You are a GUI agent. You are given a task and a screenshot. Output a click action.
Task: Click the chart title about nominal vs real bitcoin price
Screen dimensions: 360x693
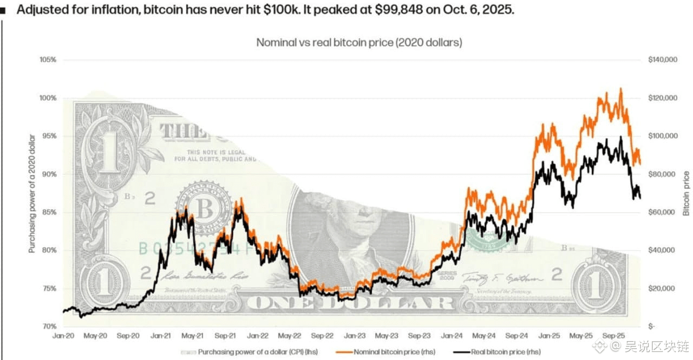pyautogui.click(x=359, y=42)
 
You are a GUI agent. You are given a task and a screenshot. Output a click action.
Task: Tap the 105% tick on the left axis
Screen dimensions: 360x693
pyautogui.click(x=48, y=60)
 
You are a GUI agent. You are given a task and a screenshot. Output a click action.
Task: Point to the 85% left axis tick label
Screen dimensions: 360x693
pyautogui.click(x=49, y=212)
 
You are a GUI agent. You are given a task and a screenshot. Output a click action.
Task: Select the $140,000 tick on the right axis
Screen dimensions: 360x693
pyautogui.click(x=662, y=60)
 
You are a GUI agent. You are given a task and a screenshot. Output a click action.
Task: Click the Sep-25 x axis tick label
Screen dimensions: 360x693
pyautogui.click(x=619, y=336)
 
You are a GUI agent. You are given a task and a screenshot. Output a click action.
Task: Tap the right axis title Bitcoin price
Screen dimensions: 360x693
pyautogui.click(x=686, y=193)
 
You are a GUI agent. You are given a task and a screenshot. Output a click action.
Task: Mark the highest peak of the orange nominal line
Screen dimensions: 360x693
pyautogui.click(x=620, y=88)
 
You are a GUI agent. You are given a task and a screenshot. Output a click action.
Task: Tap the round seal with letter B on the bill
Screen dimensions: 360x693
pyautogui.click(x=205, y=207)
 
